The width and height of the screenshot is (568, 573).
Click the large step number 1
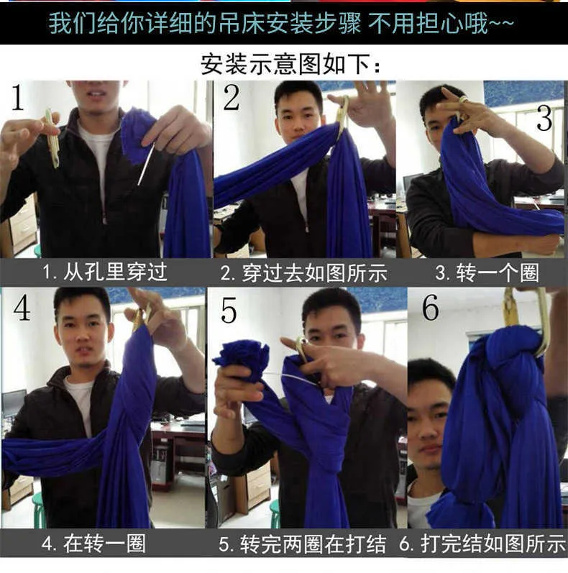[x=17, y=97]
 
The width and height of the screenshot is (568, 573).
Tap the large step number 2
[x=232, y=97]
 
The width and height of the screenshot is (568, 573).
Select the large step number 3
[x=544, y=118]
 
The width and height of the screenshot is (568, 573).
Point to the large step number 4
[x=22, y=308]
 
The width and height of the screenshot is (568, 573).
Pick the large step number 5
[x=229, y=311]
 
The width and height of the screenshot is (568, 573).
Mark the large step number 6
[x=431, y=308]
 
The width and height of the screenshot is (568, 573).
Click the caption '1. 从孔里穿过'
[x=105, y=272]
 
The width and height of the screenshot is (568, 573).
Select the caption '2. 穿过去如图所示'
[x=303, y=273]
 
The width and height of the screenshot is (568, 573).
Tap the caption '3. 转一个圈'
[x=487, y=272]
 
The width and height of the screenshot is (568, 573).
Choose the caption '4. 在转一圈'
[x=94, y=544]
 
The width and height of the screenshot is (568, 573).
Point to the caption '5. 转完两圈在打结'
[x=302, y=544]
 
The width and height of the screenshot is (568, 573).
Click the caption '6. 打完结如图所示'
[x=482, y=544]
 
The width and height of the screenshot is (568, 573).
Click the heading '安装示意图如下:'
[x=291, y=64]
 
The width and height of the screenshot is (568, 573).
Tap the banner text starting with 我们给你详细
[x=281, y=23]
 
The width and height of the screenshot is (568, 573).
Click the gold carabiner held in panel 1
[x=52, y=138]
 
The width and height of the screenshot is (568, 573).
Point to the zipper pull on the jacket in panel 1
[x=105, y=219]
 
